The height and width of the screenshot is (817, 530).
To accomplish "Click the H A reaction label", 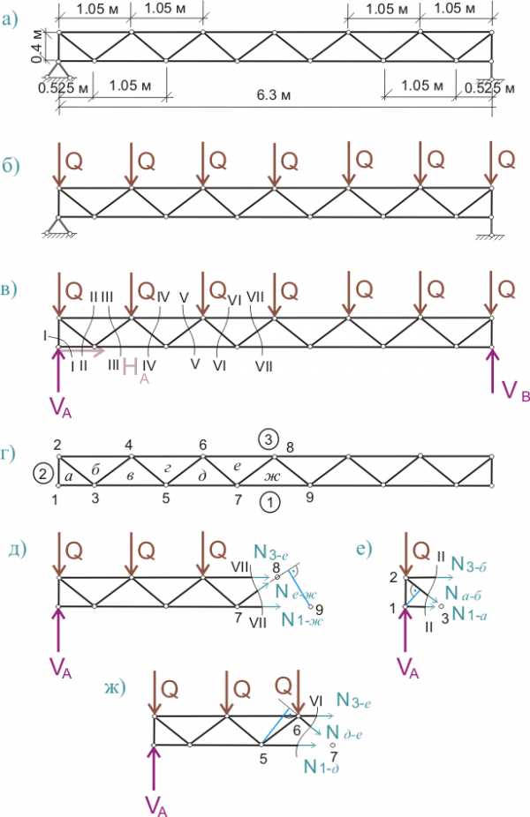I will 132,368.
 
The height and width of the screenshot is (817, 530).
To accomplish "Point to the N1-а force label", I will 471,613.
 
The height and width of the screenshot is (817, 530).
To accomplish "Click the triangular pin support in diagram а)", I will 59,70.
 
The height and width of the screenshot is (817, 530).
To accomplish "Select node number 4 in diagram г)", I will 130,446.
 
